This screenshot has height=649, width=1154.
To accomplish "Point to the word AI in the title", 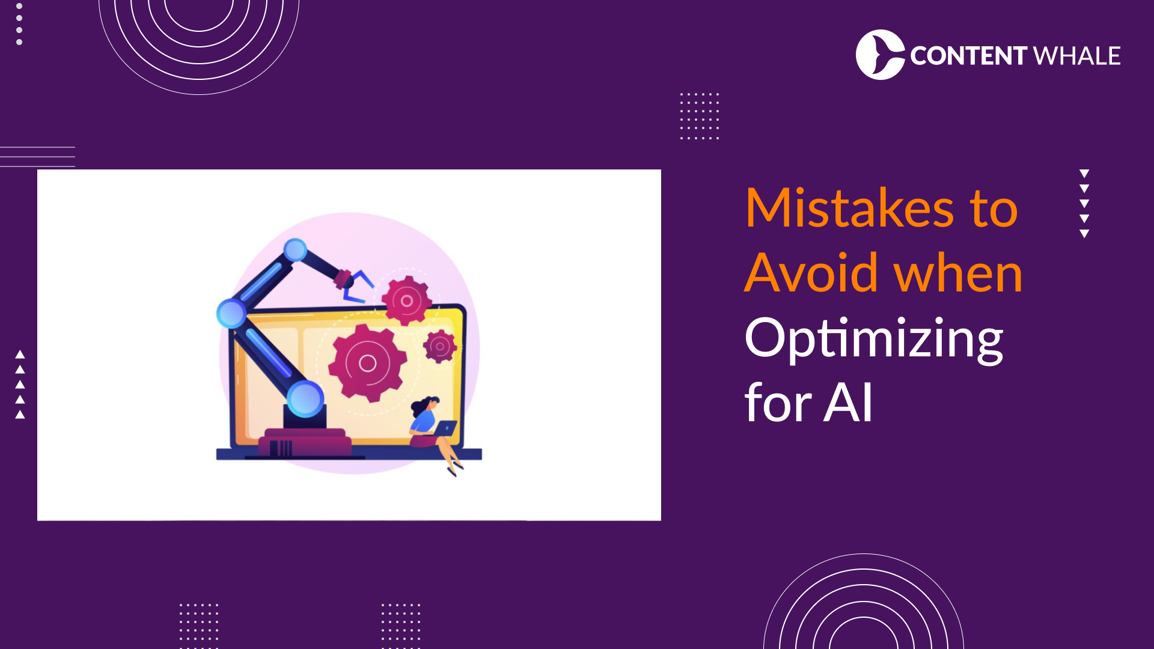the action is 849,403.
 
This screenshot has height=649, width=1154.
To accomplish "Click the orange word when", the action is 958,273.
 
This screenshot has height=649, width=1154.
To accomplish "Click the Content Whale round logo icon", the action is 880,55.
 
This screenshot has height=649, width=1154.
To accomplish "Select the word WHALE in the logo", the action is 1077,56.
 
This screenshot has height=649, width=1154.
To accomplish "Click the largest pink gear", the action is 367,363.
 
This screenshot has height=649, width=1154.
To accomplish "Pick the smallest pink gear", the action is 440,346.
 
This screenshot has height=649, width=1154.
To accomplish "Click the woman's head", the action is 427,405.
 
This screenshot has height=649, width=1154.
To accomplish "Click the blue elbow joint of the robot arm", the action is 231,313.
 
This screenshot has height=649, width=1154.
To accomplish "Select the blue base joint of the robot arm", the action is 305,399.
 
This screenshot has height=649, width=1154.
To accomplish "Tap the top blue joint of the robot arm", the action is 295,250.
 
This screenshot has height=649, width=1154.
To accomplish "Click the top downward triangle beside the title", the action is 1084,174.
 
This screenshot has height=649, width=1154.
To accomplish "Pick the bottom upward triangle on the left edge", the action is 20,415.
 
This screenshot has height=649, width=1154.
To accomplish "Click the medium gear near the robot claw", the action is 407,301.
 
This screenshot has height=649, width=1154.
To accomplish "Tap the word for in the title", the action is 778,403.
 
